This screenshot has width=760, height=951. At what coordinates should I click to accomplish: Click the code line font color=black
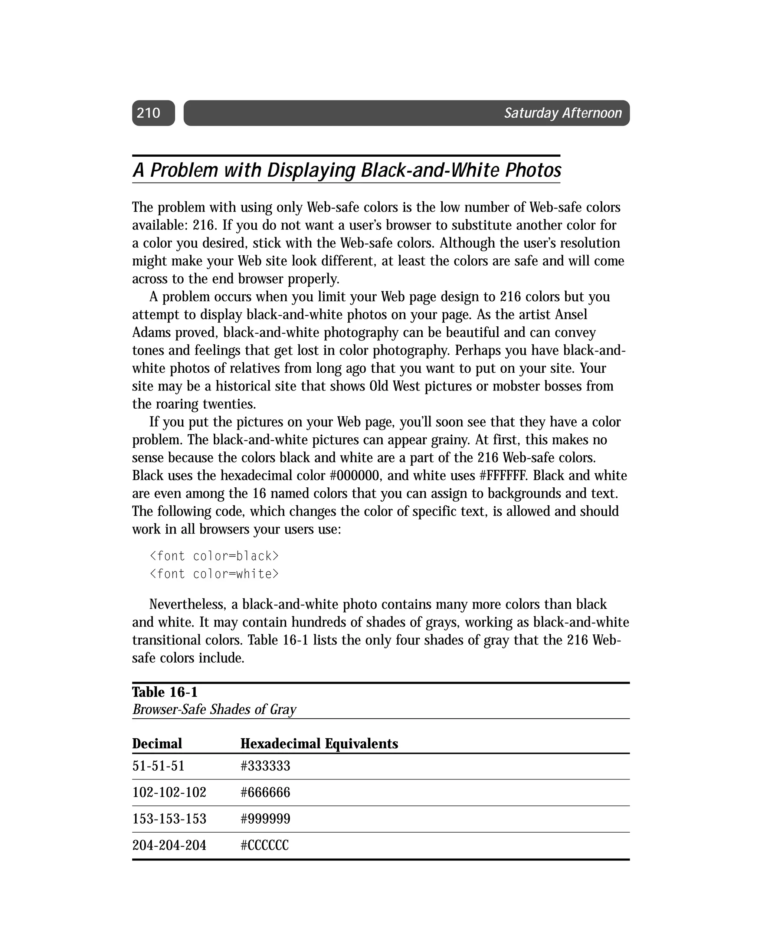214,556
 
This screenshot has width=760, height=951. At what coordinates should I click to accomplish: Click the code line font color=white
214,574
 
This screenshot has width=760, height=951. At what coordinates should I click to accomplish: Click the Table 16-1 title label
165,692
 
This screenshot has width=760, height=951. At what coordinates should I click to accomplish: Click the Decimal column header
157,744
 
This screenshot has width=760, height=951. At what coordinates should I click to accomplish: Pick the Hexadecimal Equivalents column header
319,744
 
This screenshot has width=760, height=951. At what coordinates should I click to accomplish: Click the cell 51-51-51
158,766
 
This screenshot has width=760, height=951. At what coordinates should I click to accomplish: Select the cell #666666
265,792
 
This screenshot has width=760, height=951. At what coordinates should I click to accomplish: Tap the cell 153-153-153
169,819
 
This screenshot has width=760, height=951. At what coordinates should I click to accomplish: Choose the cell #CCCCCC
265,846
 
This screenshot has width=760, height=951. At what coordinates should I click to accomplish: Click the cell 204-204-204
169,846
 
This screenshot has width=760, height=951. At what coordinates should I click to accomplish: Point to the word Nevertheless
187,605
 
